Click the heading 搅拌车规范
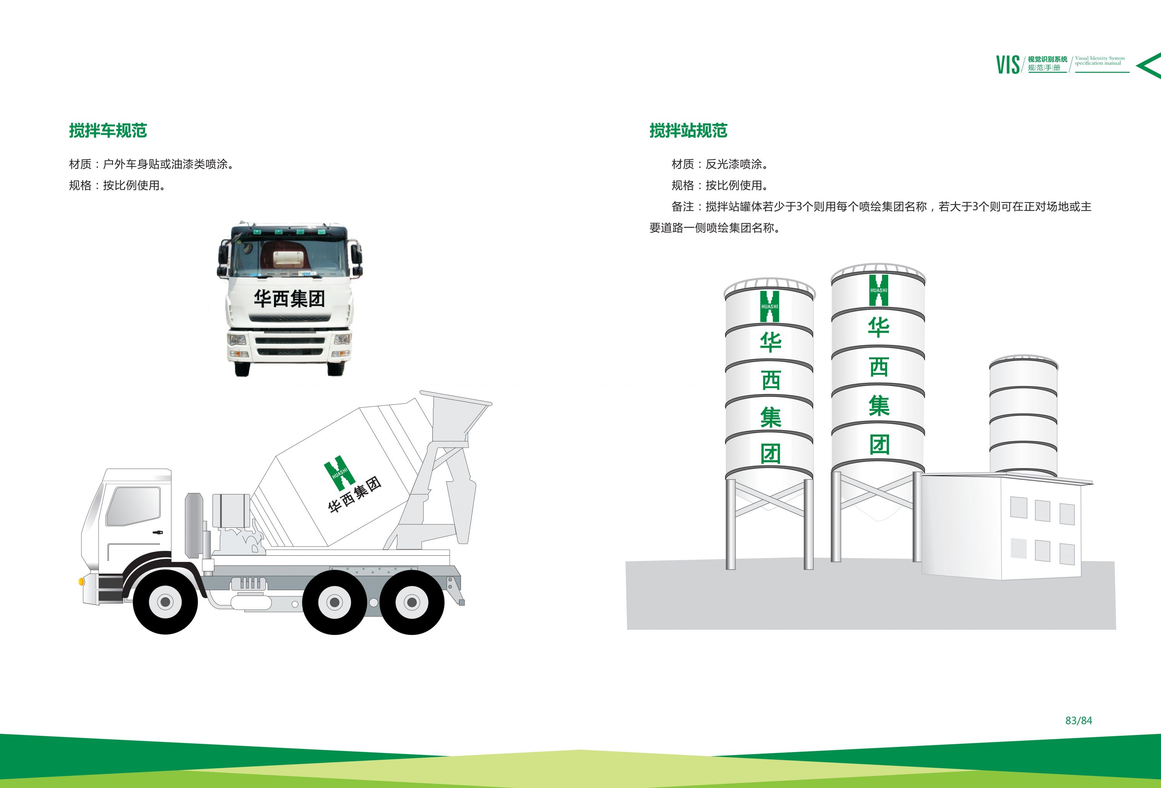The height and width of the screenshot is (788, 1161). [x=108, y=130]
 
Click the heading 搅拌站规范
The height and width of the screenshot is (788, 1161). [x=688, y=130]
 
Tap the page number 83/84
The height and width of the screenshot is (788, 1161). [x=1079, y=721]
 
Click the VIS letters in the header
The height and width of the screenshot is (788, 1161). [x=1008, y=65]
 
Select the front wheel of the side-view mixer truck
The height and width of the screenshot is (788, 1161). [x=165, y=602]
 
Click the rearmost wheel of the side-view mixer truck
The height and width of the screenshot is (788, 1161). [x=412, y=602]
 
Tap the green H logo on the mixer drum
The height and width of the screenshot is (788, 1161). [x=340, y=472]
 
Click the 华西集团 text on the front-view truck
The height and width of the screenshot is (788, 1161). [x=289, y=299]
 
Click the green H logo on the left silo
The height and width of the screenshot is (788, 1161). [x=769, y=306]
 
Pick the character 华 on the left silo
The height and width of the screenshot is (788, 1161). [x=771, y=343]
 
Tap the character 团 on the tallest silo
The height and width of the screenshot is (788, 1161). [x=879, y=444]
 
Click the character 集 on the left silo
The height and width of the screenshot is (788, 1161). [x=771, y=417]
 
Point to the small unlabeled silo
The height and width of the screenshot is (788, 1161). [x=1023, y=415]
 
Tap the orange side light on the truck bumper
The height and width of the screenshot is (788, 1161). [x=81, y=582]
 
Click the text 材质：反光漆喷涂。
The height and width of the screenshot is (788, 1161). [x=720, y=164]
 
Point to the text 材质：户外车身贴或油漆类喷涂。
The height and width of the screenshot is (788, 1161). [x=151, y=164]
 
